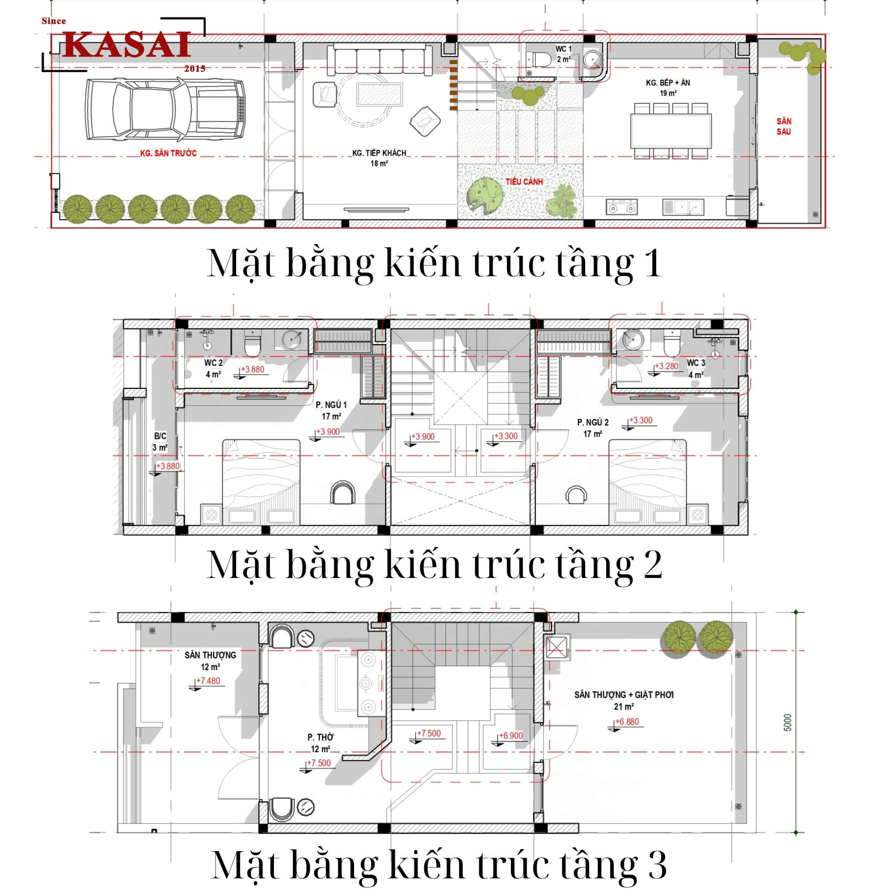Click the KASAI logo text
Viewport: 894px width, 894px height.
pos(126,45)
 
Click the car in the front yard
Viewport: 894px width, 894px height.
pos(165,110)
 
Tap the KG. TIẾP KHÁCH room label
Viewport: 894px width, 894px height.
pos(379,153)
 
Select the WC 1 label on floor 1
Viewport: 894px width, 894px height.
pos(563,49)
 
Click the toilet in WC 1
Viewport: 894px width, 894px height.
pos(540,59)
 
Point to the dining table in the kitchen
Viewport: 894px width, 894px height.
pos(670,131)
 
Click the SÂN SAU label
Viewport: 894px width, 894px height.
pos(784,127)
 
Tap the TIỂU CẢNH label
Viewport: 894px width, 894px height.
pos(524,182)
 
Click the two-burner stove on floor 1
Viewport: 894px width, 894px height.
pos(621,207)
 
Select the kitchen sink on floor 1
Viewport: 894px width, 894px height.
pos(683,207)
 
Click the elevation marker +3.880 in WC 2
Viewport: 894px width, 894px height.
pos(253,370)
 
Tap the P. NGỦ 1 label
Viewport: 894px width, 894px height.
pos(331,405)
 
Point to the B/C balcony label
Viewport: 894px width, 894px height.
pos(160,436)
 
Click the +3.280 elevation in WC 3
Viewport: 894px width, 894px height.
pos(666,366)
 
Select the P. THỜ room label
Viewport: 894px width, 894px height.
pos(320,737)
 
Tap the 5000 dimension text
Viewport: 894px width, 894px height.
pos(788,723)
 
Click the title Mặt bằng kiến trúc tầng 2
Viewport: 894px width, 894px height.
pos(434,565)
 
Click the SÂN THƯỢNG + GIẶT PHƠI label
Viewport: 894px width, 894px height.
pos(623,695)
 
